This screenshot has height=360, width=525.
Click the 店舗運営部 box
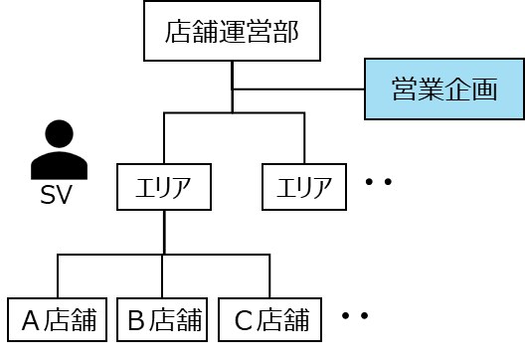[232, 31]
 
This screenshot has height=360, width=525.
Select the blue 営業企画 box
[444, 90]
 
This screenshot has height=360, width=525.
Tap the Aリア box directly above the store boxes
[164, 187]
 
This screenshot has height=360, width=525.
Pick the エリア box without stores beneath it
[304, 187]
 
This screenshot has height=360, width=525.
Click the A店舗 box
[58, 320]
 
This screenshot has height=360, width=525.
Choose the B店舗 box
[162, 320]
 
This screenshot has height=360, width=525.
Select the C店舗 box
[269, 320]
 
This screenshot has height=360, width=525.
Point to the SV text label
[56, 195]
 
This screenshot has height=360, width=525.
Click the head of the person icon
[60, 133]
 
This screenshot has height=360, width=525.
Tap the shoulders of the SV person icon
[60, 166]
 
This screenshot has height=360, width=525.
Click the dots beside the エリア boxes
[379, 182]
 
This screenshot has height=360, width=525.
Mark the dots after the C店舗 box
[355, 315]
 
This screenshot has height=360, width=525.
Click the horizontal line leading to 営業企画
[298, 90]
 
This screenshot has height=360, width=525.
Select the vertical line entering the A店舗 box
[58, 275]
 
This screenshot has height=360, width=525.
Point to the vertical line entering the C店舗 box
[269, 275]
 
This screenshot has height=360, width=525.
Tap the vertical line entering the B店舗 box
[162, 275]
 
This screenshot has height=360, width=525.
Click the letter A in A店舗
[31, 320]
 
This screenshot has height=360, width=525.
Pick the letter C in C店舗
[244, 320]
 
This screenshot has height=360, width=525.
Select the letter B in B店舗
[136, 320]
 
